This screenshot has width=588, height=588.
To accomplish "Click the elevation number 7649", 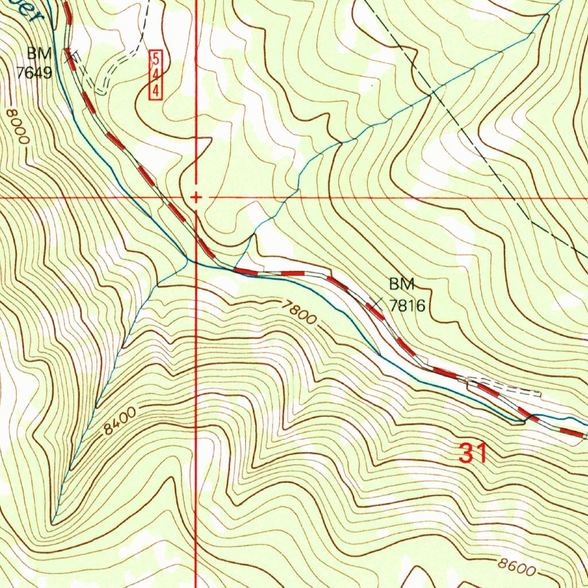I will pos(34,73).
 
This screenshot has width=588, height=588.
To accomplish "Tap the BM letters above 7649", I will pos(38,54).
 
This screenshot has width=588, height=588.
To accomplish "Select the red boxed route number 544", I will pos(155,74).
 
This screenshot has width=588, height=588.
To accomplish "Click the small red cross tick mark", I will pos(196,198).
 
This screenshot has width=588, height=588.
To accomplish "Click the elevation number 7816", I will pos(407,305).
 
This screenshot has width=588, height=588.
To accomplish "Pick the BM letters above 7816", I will pos(401,284).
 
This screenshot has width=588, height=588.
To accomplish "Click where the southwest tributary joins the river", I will pos(187,259).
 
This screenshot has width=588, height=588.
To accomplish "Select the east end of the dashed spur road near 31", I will pos(540,393).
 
